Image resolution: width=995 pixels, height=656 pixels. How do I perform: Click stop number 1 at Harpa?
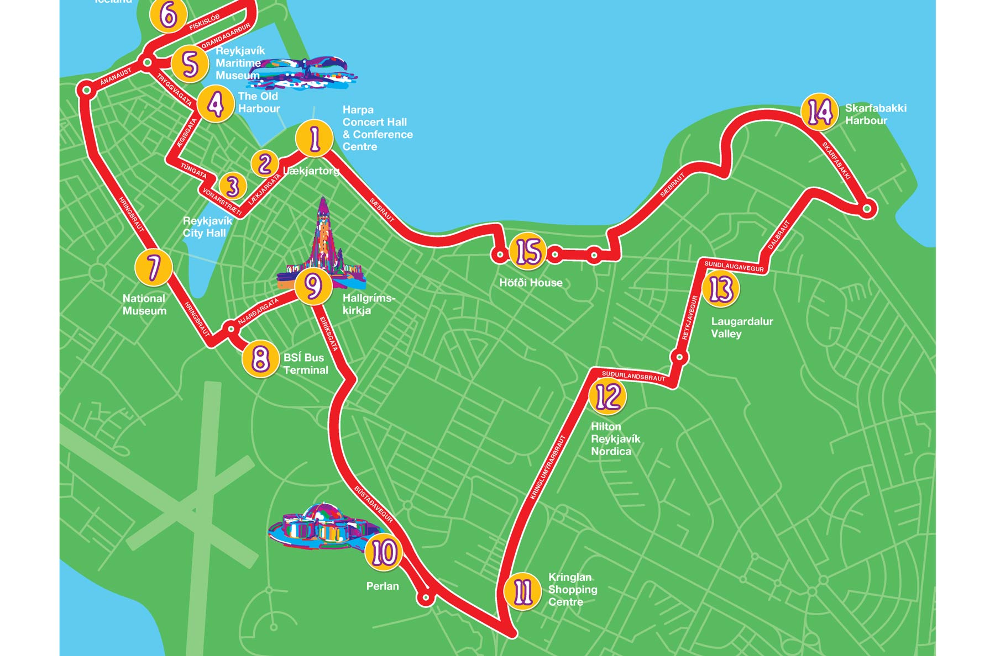coord(315,139)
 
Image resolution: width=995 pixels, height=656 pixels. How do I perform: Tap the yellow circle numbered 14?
coord(819,112)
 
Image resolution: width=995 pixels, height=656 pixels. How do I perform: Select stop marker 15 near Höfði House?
coord(527,252)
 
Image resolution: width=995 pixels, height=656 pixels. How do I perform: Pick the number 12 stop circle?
coord(608,396)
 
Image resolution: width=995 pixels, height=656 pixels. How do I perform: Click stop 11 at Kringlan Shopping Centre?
coord(522,591)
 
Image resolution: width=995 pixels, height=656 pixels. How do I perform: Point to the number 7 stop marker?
coord(154,267)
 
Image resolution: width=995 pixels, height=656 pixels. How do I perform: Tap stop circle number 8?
coord(260,359)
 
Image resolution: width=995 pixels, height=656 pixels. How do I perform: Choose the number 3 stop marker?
coord(233,186)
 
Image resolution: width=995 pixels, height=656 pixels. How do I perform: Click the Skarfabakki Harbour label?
coord(875,114)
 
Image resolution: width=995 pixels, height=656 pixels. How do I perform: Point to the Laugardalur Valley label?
coord(741,327)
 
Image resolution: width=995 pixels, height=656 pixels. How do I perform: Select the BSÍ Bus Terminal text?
coord(306,364)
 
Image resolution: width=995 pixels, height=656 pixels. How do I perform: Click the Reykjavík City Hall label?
coord(207,227)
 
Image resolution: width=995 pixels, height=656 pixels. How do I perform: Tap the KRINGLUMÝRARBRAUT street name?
coord(547,467)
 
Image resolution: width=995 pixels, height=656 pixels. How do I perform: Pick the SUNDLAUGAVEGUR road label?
coord(734,267)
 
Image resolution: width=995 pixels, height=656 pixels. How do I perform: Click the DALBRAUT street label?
coord(779,235)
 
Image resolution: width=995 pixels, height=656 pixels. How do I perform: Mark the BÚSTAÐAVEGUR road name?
coord(374,504)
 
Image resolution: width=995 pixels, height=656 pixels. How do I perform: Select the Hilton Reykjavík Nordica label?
coord(615,439)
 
